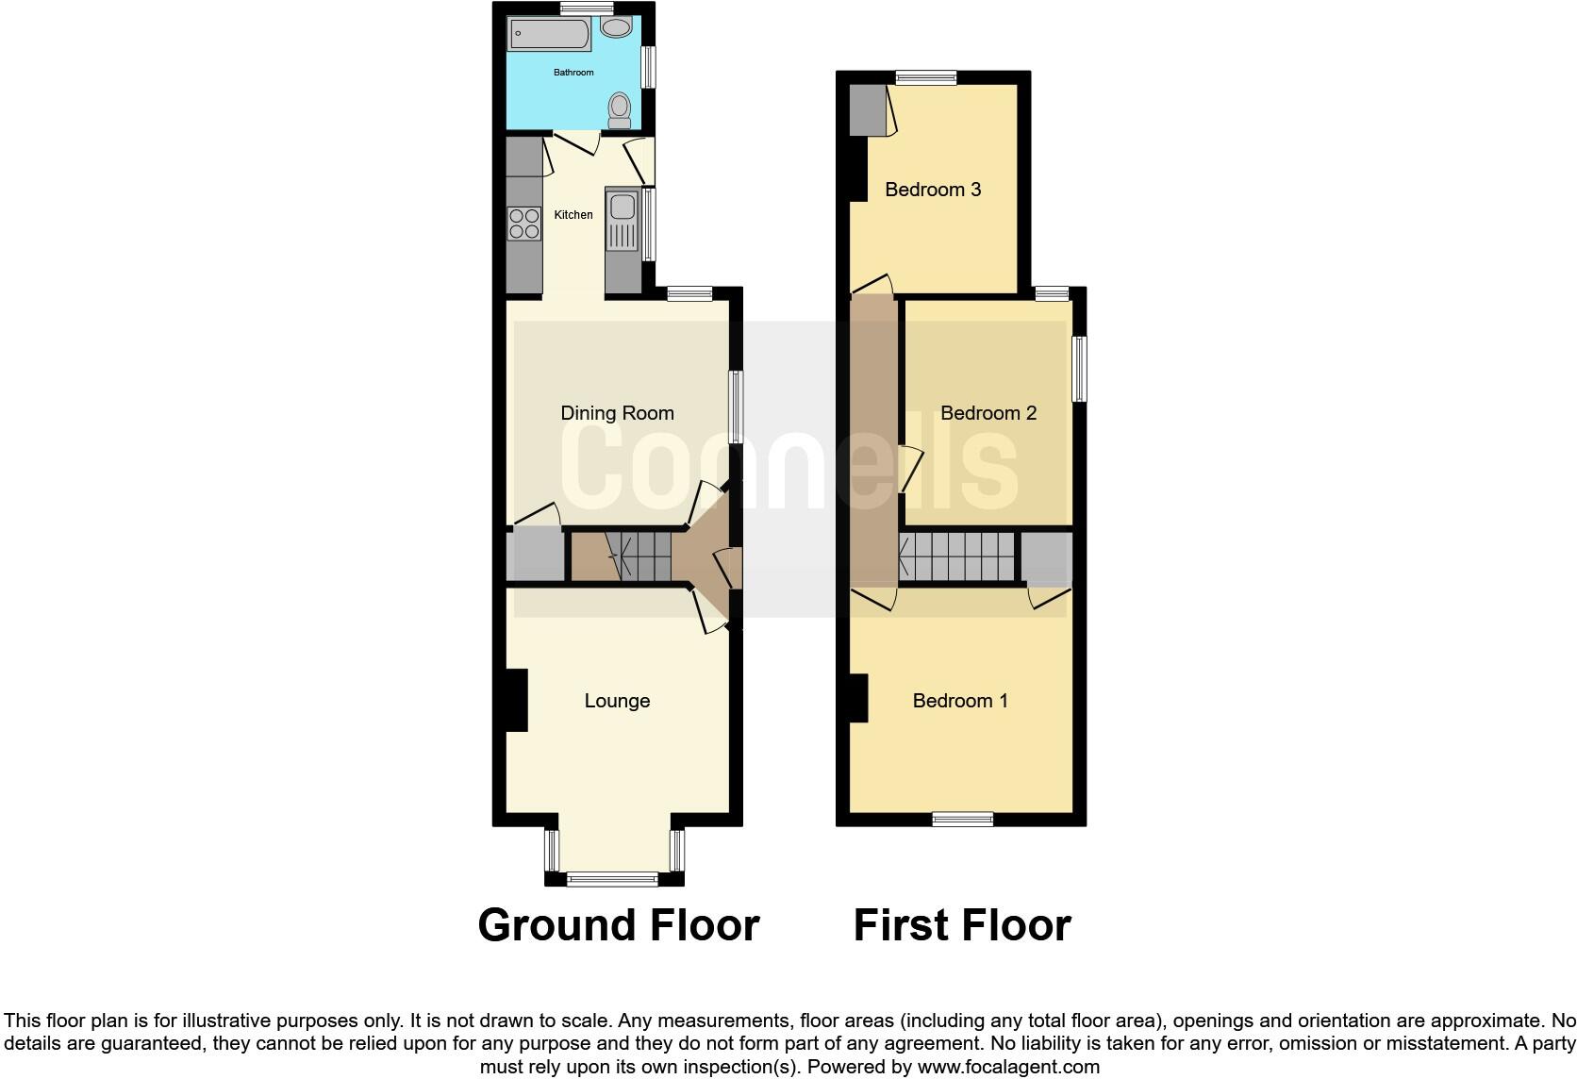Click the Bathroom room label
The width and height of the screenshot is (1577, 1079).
(x=573, y=73)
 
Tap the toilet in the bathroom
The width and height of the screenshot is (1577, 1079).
(x=620, y=108)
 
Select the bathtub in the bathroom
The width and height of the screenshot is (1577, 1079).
(x=550, y=36)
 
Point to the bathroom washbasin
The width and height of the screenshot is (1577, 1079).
(x=617, y=27)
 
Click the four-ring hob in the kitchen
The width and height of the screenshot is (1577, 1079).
(x=524, y=224)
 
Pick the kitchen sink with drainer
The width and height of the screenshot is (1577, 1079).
(x=622, y=221)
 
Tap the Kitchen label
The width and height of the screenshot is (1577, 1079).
(x=573, y=215)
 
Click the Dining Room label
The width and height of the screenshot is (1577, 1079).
(x=617, y=413)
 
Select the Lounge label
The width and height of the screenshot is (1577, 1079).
(x=617, y=701)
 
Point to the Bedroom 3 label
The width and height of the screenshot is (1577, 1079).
(x=933, y=190)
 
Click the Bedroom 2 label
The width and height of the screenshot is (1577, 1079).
(x=988, y=413)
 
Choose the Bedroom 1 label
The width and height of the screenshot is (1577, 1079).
(x=960, y=701)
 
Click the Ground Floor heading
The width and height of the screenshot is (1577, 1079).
(x=619, y=925)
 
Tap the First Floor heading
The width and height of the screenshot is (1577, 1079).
(x=962, y=925)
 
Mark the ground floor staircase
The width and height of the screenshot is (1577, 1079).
(x=638, y=556)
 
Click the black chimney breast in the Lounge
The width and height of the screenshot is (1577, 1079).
(x=516, y=699)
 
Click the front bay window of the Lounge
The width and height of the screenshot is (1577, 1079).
(x=613, y=879)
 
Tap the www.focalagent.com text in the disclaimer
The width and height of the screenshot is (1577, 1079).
(x=1007, y=1068)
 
